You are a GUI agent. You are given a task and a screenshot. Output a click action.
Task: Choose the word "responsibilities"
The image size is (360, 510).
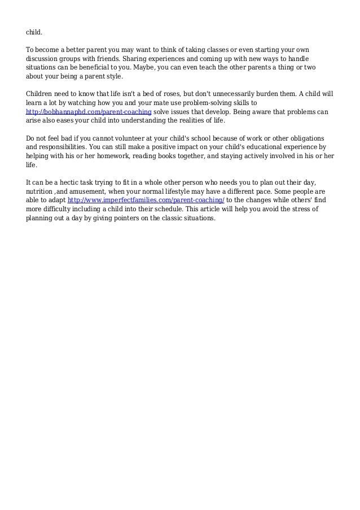point(58,147)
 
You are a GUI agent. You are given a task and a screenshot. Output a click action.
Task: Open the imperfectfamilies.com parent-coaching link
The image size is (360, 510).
point(146,201)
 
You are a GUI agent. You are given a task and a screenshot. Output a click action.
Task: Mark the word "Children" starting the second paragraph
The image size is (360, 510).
point(41,94)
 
